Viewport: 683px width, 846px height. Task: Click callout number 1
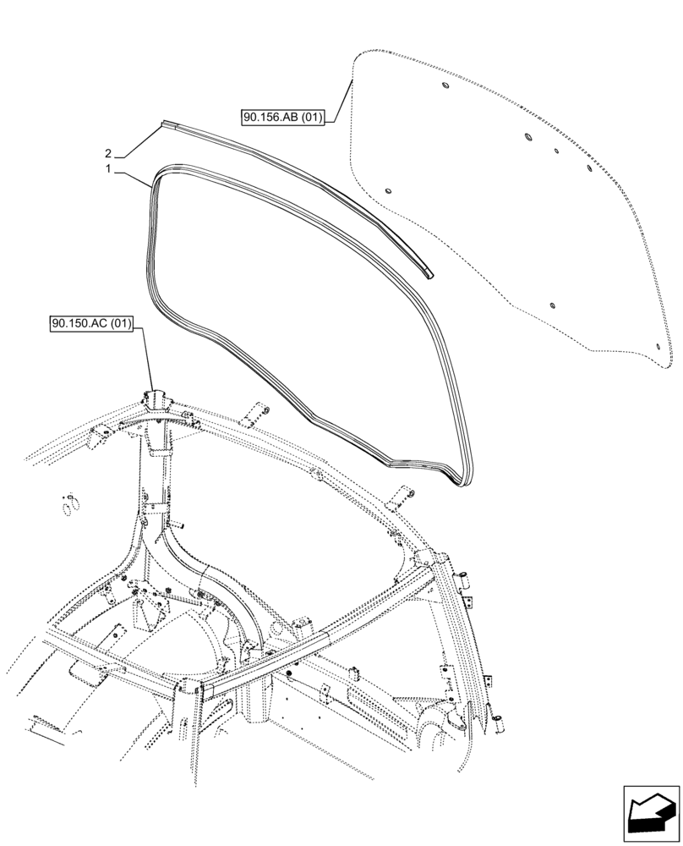108,170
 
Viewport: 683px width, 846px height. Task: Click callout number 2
108,154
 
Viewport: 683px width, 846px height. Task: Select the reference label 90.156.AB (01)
282,118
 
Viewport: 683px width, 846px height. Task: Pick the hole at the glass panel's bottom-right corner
660,345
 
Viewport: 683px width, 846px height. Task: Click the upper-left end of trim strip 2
162,124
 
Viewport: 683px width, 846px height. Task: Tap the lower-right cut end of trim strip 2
430,273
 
